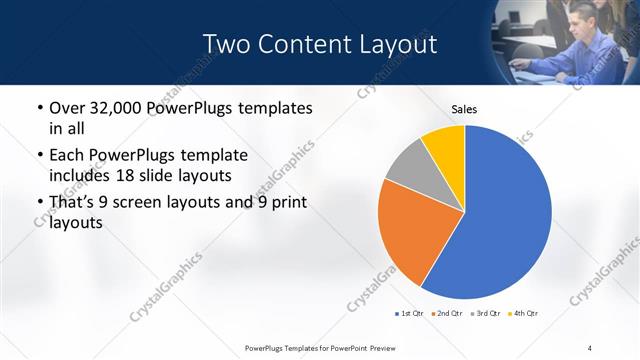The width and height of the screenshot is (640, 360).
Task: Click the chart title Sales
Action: click(x=463, y=108)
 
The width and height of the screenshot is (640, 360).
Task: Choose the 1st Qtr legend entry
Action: click(x=409, y=313)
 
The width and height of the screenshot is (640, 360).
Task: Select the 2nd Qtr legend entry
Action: click(x=445, y=313)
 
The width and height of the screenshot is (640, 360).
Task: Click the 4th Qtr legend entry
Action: click(x=523, y=313)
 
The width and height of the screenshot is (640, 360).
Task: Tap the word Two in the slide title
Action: click(x=224, y=44)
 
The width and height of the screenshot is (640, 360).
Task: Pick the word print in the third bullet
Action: click(x=285, y=203)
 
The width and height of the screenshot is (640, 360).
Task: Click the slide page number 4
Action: click(x=590, y=347)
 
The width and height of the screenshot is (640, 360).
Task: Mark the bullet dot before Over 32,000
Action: click(x=39, y=108)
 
